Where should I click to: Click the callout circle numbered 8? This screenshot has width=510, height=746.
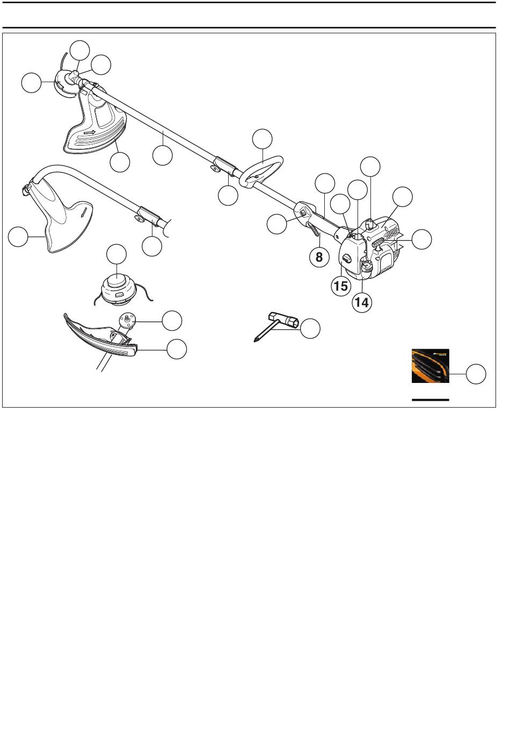click(319, 257)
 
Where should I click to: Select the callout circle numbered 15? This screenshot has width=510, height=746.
click(341, 286)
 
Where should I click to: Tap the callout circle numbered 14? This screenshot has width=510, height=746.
click(362, 302)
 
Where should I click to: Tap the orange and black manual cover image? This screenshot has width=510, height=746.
click(431, 366)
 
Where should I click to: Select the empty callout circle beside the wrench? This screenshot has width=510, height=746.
click(310, 328)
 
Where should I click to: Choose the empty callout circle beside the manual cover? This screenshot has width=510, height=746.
click(476, 374)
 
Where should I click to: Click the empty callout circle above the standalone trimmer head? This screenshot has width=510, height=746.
click(116, 254)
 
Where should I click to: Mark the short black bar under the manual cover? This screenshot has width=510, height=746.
click(430, 400)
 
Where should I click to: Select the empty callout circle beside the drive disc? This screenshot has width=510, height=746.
click(172, 321)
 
